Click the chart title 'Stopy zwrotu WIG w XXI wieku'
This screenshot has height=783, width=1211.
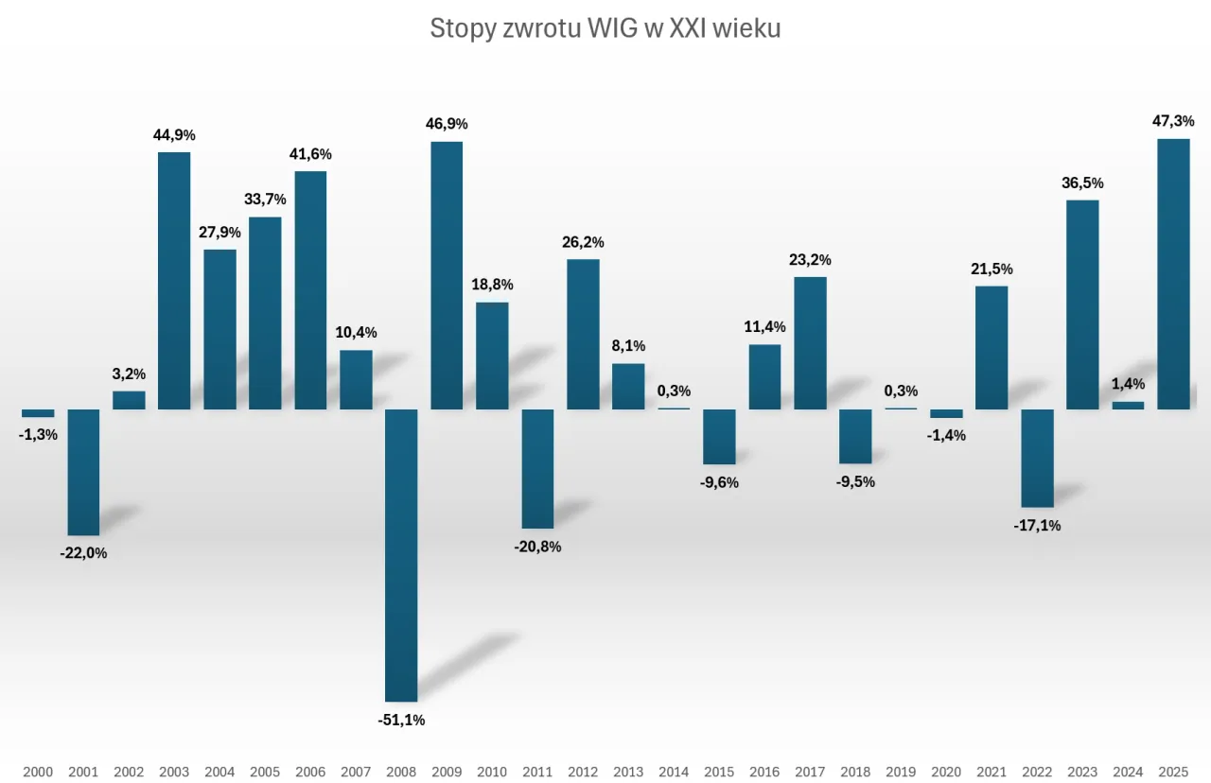(605, 28)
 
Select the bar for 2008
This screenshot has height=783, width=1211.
(401, 554)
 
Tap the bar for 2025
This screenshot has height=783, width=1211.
(1173, 274)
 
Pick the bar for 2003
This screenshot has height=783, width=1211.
(174, 281)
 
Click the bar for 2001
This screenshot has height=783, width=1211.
(83, 472)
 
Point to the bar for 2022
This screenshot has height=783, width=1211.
(1037, 458)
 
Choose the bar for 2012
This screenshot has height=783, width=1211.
(583, 334)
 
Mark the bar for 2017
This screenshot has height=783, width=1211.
(810, 342)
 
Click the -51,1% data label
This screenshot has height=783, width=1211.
(401, 720)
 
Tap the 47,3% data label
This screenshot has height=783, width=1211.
(1173, 121)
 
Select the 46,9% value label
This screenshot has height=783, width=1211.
(447, 124)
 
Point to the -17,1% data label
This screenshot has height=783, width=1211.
(1037, 526)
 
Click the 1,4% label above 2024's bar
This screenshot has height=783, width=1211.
(1128, 384)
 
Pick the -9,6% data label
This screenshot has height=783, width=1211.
(719, 482)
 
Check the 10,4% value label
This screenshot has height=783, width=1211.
(356, 332)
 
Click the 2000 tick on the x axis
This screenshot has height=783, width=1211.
(38, 773)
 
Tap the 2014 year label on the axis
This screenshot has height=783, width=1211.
(674, 773)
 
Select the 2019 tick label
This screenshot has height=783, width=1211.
(901, 773)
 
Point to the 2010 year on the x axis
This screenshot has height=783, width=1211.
(492, 773)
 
